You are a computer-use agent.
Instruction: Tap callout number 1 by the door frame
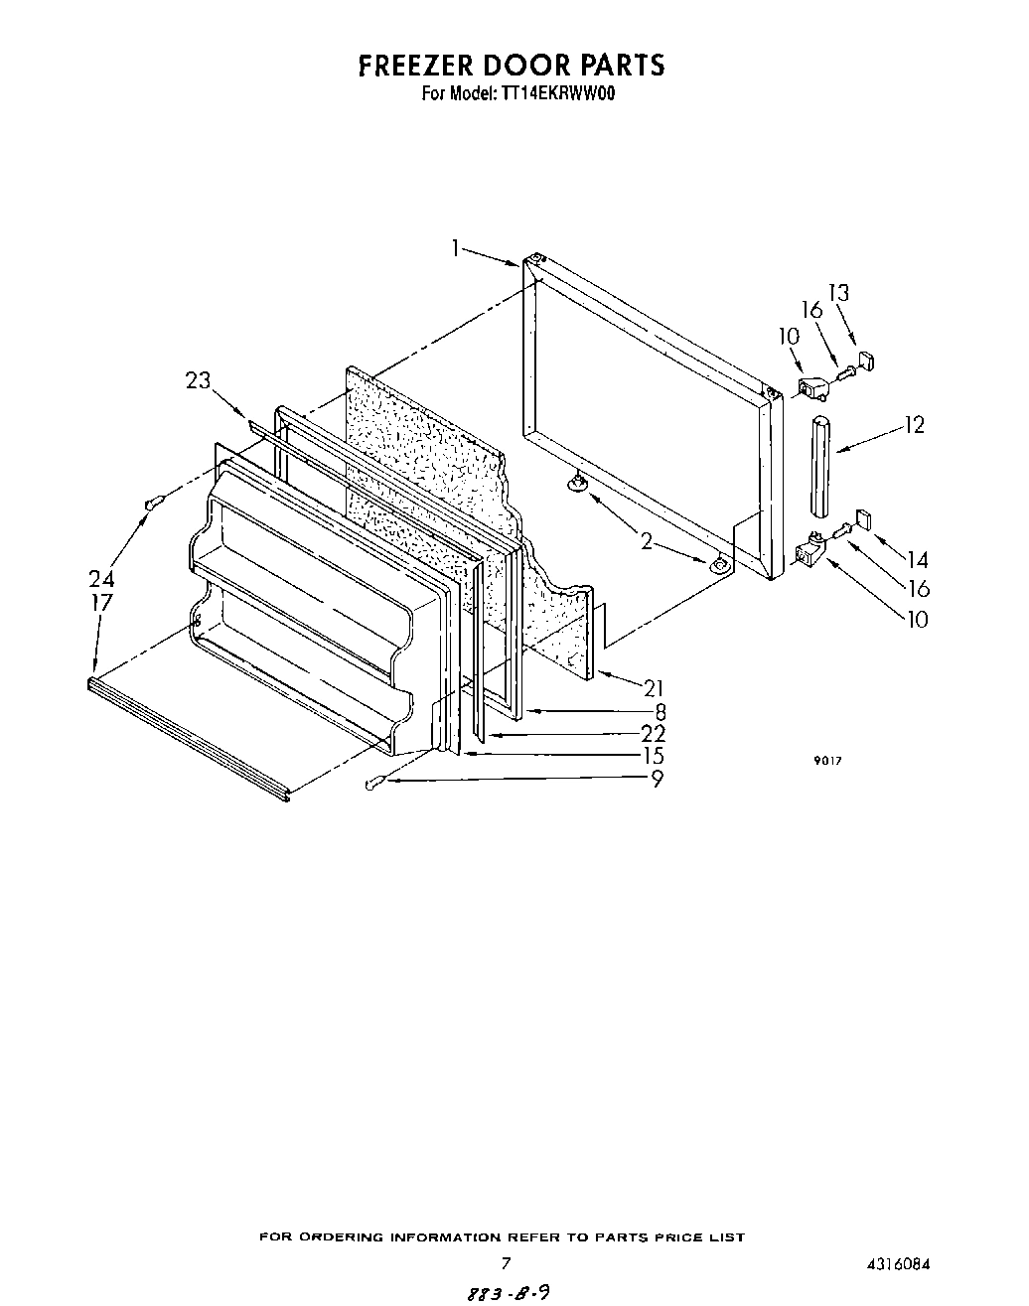[456, 248]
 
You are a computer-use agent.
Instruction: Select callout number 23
[199, 380]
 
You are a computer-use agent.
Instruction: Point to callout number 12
[914, 425]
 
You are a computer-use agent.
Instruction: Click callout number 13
[839, 293]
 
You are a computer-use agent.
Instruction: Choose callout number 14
[916, 561]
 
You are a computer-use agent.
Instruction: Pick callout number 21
[654, 688]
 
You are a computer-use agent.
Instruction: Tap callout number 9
[657, 780]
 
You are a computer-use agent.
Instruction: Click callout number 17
[100, 603]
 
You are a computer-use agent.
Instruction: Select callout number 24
[100, 579]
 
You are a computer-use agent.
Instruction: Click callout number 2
[647, 541]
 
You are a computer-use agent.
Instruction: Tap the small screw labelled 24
[152, 506]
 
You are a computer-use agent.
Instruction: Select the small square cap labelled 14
[862, 517]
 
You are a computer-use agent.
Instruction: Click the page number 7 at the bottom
[506, 1264]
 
